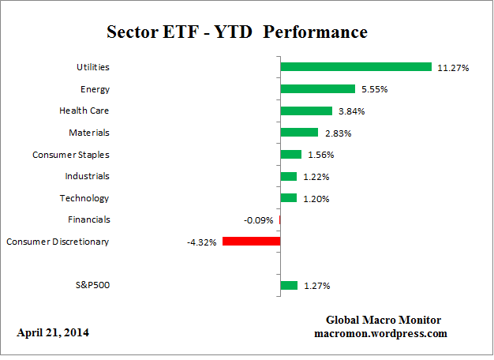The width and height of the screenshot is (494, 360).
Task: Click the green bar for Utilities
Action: pyautogui.click(x=356, y=67)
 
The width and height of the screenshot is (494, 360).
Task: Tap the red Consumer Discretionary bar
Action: pyautogui.click(x=251, y=241)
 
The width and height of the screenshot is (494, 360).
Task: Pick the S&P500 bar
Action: pyautogui.click(x=289, y=285)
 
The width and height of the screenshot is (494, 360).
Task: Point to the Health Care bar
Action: pyautogui.click(x=306, y=111)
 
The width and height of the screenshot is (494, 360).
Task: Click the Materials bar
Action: pyautogui.click(x=299, y=133)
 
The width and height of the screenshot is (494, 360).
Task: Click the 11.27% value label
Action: pyautogui.click(x=453, y=68)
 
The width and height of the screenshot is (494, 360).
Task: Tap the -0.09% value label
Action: pyautogui.click(x=260, y=220)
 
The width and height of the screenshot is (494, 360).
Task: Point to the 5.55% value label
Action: pyautogui.click(x=376, y=90)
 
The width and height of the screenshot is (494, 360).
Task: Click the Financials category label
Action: pyautogui.click(x=88, y=219)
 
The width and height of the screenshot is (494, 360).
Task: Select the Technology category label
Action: pyautogui.click(x=84, y=198)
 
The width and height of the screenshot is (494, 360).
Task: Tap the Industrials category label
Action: pyautogui.click(x=87, y=176)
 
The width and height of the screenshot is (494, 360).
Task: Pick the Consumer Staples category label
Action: pyautogui.click(x=70, y=155)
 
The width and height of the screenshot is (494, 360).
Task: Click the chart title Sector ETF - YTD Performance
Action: pyautogui.click(x=237, y=32)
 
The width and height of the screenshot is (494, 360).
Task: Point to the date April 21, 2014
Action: pyautogui.click(x=53, y=332)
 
